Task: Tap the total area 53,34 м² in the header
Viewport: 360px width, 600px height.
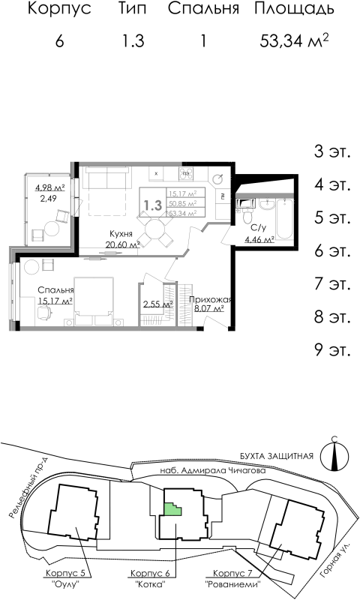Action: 294,40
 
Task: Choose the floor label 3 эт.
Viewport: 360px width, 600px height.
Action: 331,152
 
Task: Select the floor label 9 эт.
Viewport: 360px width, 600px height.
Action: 331,349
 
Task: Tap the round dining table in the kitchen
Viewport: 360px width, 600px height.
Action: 157,229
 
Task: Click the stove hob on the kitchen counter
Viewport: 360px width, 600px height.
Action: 184,173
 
